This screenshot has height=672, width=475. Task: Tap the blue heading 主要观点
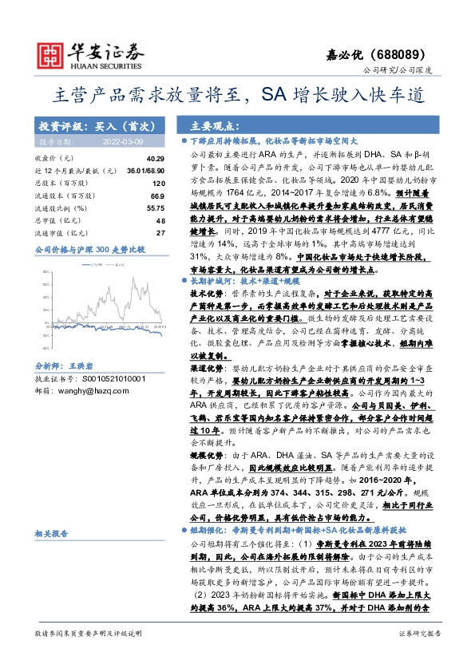pyautogui.click(x=212, y=127)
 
